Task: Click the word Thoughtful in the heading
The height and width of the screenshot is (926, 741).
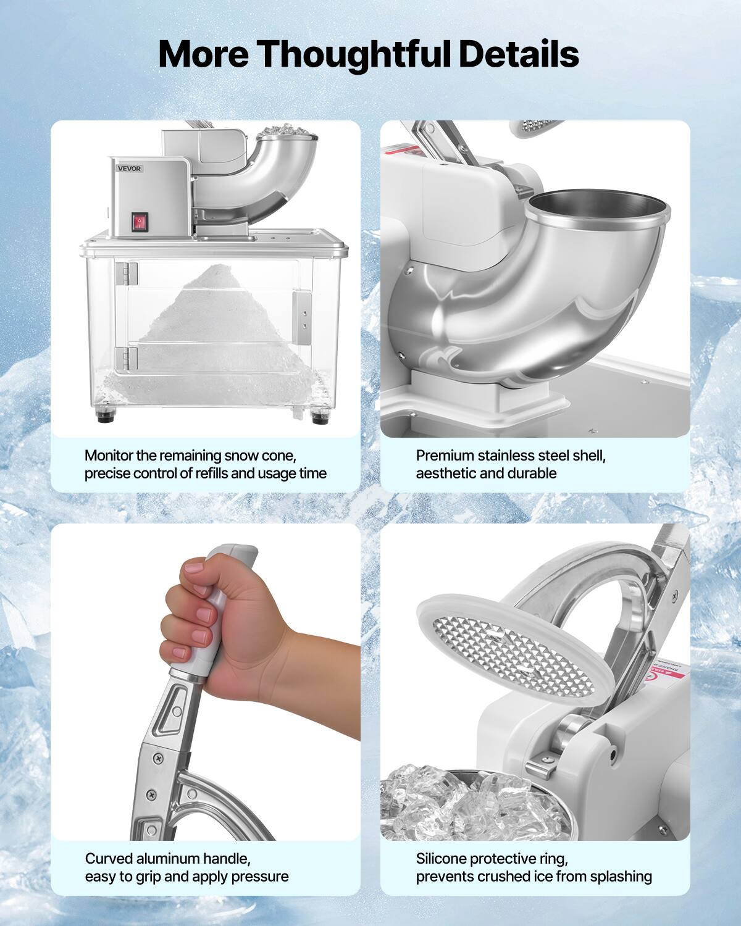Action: (x=355, y=54)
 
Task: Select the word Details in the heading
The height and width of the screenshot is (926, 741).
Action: (x=518, y=54)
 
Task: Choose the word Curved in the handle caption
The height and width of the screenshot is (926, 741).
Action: (x=109, y=858)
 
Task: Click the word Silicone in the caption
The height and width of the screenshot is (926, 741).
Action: (x=440, y=858)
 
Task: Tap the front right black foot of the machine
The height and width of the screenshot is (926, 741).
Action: (x=320, y=416)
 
